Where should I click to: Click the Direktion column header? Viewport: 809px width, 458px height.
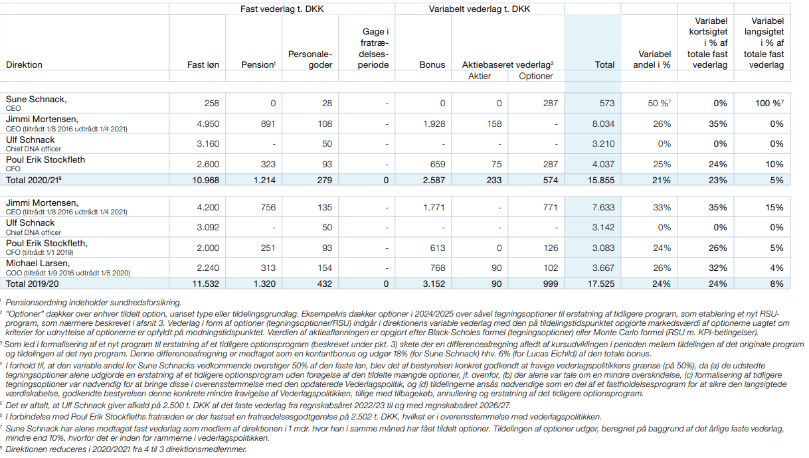point(24,65)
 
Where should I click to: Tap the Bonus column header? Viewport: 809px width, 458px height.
point(432,65)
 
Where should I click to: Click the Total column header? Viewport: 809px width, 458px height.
point(604,65)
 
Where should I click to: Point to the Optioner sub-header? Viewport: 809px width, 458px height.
point(535,76)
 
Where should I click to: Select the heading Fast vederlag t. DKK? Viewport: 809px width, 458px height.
point(282,9)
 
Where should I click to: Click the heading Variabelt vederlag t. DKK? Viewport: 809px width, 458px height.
point(479,9)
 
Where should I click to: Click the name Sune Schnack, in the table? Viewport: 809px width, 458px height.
point(37,100)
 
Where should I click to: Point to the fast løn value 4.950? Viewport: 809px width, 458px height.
point(208,123)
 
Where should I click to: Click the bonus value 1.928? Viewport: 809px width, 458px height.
point(434,123)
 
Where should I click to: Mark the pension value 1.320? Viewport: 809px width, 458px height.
point(264,283)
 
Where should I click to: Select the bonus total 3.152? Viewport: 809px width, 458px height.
point(433,283)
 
